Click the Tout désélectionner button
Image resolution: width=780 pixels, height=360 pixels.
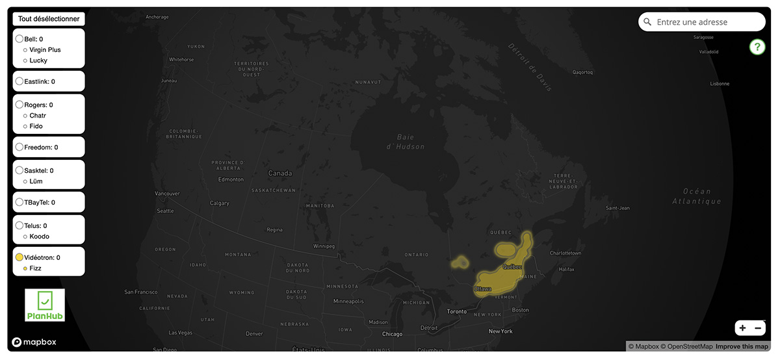(49, 19)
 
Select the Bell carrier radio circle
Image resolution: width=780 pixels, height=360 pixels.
(19, 39)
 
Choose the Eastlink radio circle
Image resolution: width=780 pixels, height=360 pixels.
(19, 82)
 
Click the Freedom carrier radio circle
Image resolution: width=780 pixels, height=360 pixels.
(19, 148)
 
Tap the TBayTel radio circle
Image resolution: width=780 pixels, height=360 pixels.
(19, 202)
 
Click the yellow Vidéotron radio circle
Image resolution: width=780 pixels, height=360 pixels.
(19, 257)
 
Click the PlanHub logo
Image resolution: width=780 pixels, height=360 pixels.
(45, 305)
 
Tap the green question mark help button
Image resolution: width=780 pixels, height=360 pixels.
(757, 47)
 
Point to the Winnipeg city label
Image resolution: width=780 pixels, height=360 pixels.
(324, 247)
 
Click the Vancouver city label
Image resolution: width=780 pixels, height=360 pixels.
(167, 194)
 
